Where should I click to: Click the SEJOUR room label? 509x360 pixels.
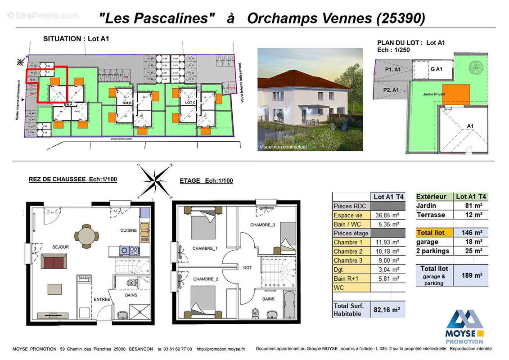click(x=60, y=247)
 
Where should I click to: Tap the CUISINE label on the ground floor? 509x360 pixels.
click(x=128, y=230)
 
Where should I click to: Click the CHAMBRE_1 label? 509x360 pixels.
click(x=205, y=248)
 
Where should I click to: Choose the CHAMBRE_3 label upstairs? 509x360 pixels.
click(x=262, y=225)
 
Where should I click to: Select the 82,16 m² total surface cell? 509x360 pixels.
click(x=387, y=309)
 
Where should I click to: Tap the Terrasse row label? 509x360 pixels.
click(x=430, y=215)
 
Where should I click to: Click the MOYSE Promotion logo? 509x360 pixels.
click(x=464, y=326)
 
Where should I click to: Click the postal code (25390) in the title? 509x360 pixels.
click(x=400, y=18)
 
